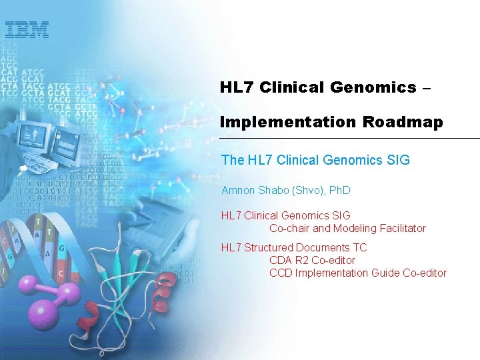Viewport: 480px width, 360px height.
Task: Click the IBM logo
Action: (27, 29)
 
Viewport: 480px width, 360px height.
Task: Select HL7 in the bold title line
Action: (235, 87)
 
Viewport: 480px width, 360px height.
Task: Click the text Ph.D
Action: (339, 191)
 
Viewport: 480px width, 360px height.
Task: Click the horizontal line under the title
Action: (349, 138)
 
